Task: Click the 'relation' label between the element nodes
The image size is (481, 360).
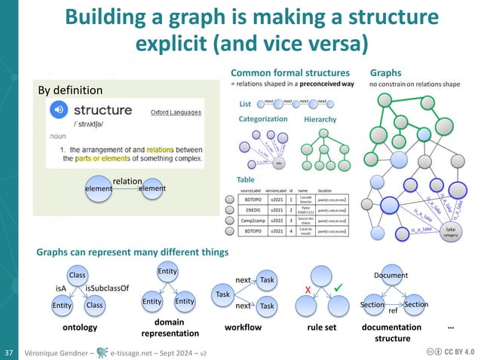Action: point(127,182)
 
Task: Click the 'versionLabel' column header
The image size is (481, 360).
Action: point(280,192)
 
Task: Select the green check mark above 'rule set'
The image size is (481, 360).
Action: point(338,287)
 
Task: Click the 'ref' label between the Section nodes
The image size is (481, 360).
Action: point(392,310)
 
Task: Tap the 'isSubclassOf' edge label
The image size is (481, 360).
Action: point(107,288)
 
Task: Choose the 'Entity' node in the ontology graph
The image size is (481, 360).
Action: point(62,305)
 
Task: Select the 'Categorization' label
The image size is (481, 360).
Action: point(263,119)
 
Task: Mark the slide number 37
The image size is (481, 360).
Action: point(10,352)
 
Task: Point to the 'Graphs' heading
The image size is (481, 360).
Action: point(385,74)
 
